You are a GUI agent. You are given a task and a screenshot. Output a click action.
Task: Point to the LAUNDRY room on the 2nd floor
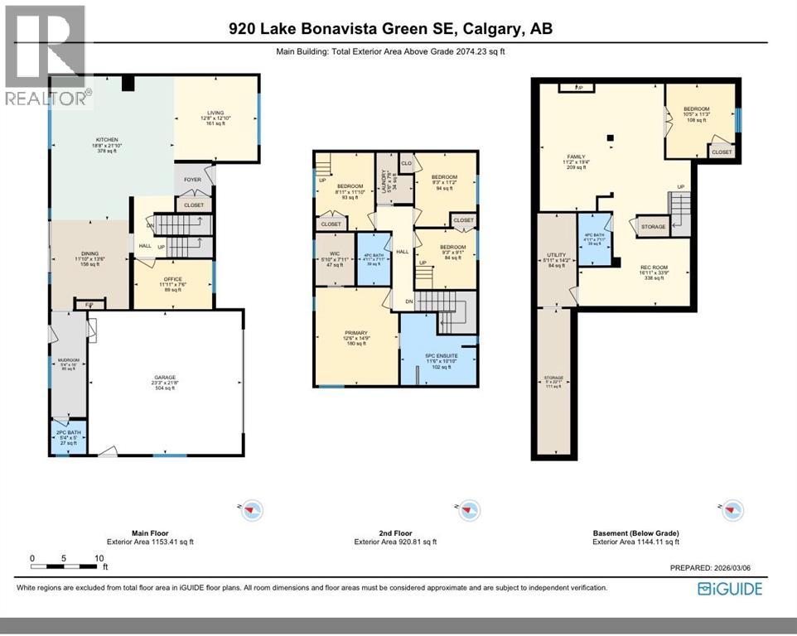click(x=384, y=177)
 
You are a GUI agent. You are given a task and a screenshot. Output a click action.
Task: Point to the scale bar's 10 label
click(x=99, y=559)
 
